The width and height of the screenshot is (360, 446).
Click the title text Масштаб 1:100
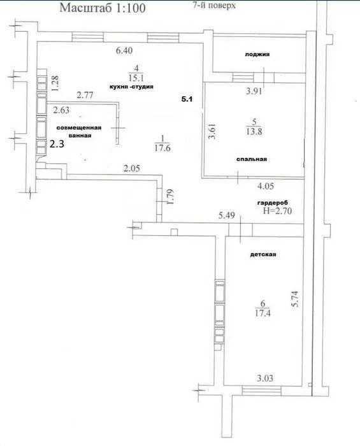pyautogui.click(x=103, y=8)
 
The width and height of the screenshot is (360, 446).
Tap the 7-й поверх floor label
pyautogui.click(x=214, y=5)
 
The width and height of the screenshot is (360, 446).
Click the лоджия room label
pyautogui.click(x=257, y=54)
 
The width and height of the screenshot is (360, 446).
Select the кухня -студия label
pyautogui.click(x=131, y=87)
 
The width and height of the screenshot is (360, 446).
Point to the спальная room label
pyautogui.click(x=252, y=159)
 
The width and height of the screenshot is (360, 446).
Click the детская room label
pyautogui.click(x=263, y=254)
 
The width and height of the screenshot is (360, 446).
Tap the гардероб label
pyautogui.click(x=273, y=203)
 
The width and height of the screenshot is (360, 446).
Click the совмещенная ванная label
pyautogui.click(x=79, y=132)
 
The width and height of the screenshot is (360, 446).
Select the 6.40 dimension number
pyautogui.click(x=124, y=50)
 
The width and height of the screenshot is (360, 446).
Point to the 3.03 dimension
pyautogui.click(x=264, y=378)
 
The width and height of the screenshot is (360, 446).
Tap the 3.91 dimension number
pyautogui.click(x=254, y=91)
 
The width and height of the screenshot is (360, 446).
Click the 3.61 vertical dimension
pyautogui.click(x=212, y=131)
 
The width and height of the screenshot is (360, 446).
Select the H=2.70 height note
pyautogui.click(x=278, y=211)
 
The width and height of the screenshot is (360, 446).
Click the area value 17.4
pyautogui.click(x=263, y=313)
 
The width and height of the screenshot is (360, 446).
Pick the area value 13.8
pyautogui.click(x=254, y=131)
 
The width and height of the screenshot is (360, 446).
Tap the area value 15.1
pyautogui.click(x=136, y=78)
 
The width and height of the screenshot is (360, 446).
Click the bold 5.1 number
pyautogui.click(x=187, y=99)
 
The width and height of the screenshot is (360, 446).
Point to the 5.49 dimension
pyautogui.click(x=226, y=215)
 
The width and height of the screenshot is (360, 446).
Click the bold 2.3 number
pyautogui.click(x=57, y=144)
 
